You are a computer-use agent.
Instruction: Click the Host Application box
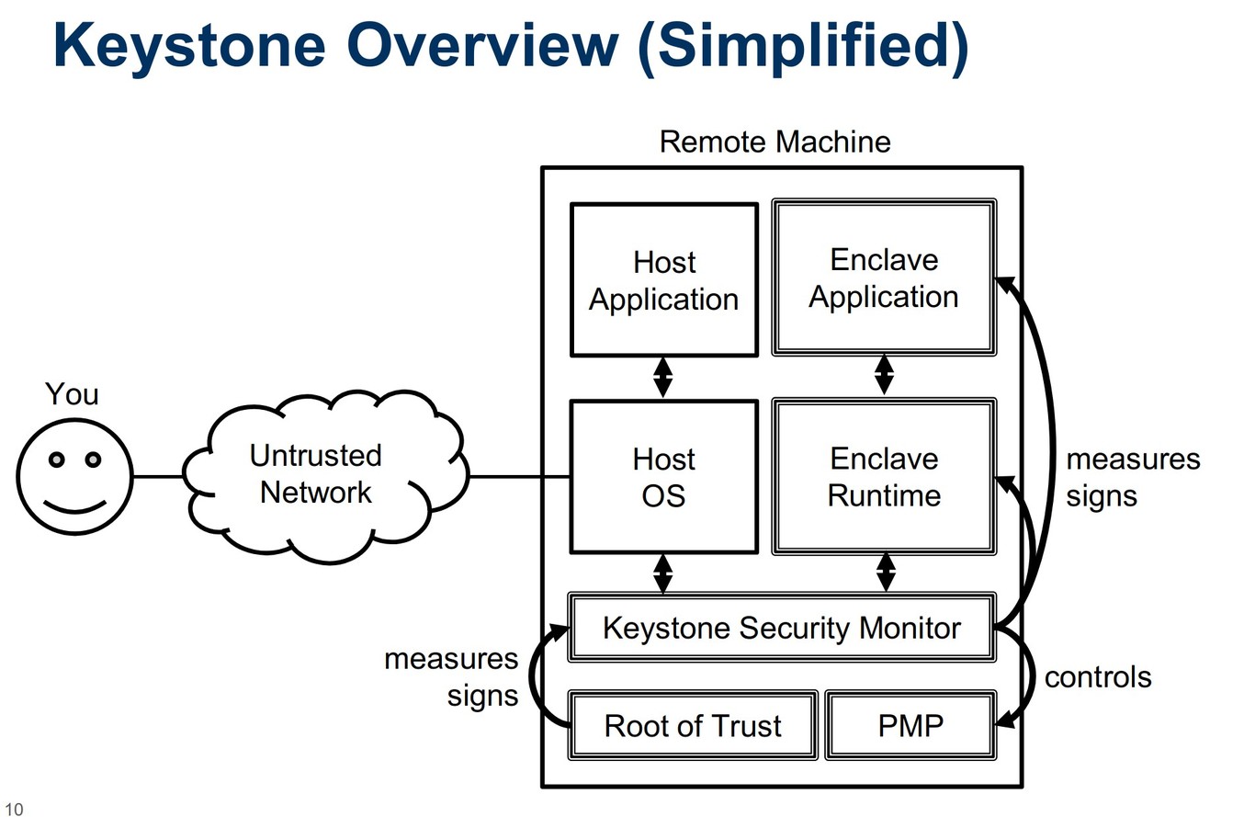[663, 279]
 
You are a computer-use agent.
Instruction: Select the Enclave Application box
[883, 278]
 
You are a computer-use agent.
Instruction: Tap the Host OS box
[663, 477]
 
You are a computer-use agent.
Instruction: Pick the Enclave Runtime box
[884, 477]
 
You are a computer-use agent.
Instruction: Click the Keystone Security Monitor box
[781, 628]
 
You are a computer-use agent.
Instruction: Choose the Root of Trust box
[693, 725]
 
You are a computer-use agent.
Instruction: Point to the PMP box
[910, 725]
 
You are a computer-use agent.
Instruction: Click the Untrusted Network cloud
[315, 474]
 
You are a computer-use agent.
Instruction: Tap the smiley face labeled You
[74, 477]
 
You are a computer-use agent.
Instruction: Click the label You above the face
[72, 394]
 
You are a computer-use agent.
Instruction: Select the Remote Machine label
[774, 142]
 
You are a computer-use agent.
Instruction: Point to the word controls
[1098, 677]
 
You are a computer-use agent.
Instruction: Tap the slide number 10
[12, 809]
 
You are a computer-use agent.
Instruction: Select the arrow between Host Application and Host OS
[662, 377]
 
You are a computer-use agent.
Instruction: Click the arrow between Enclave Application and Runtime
[884, 375]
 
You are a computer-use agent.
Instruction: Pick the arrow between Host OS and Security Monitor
[662, 573]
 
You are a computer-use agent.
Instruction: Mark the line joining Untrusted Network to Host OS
[519, 477]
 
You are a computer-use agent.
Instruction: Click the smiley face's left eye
[57, 460]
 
